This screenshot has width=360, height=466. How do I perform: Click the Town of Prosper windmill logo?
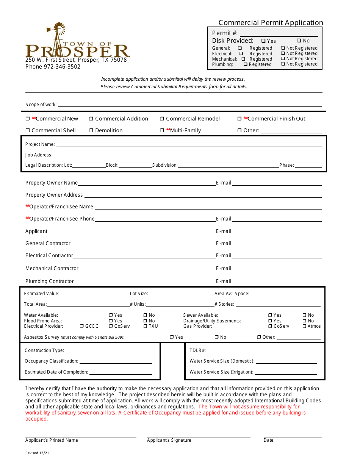point(77,41)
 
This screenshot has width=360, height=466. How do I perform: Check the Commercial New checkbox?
point(28,119)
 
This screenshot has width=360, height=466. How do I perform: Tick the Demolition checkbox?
point(91,131)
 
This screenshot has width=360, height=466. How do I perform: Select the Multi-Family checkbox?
point(162,131)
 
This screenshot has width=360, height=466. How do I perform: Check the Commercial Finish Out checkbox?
point(239,119)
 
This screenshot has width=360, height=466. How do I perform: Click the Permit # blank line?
point(279,34)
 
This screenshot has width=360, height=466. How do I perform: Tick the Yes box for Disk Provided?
point(263,41)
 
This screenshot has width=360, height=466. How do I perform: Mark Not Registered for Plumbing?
point(283,64)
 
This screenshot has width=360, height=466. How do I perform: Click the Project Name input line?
point(189,145)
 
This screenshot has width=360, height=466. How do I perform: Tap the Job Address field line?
point(188,155)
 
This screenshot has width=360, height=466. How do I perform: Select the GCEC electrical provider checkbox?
point(82,326)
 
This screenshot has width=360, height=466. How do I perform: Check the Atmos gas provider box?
point(304,326)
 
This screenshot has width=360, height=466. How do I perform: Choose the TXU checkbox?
point(145,326)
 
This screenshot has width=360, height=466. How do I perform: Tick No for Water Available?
point(145,315)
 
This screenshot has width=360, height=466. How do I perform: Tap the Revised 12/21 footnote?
point(37,453)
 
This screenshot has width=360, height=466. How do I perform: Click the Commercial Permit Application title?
point(271,23)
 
